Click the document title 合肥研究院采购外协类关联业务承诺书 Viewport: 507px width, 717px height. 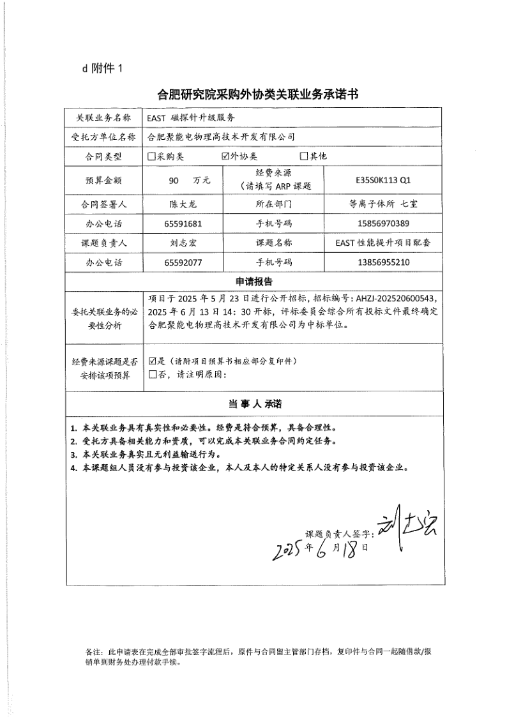[257, 95]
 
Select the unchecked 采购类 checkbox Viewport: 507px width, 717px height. [151, 156]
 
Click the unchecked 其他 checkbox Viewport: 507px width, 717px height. [304, 156]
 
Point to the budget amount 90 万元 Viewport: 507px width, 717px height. [189, 181]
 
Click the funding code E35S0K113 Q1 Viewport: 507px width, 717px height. [384, 180]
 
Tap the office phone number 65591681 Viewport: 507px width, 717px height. [183, 224]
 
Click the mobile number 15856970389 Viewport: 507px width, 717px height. [383, 224]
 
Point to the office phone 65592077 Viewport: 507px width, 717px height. [183, 262]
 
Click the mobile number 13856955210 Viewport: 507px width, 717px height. [383, 262]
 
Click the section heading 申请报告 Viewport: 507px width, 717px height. [255, 282]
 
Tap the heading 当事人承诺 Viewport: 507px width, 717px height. [255, 405]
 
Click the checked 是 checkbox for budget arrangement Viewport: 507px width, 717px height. [152, 361]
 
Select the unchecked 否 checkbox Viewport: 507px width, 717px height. [152, 374]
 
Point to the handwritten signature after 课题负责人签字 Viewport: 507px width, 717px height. [405, 527]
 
